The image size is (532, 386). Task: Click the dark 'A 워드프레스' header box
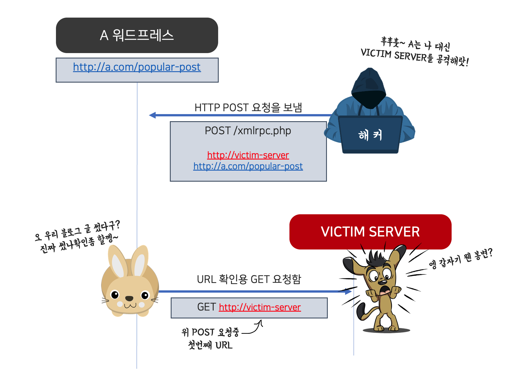[x=137, y=35]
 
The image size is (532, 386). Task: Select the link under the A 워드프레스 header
[x=137, y=67]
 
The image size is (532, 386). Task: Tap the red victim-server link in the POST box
[x=248, y=155]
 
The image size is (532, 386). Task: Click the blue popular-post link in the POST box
[x=248, y=166]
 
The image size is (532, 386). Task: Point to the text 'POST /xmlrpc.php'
[x=248, y=131]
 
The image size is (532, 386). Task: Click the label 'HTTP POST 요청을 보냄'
[x=248, y=108]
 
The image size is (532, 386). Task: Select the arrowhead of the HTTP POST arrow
[x=153, y=115]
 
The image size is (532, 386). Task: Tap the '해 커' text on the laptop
[x=370, y=135]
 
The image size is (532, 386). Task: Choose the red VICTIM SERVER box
[x=370, y=232]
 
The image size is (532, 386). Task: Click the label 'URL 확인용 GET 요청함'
[x=249, y=279]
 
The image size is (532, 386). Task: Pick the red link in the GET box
[x=260, y=307]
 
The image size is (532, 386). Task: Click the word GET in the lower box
[x=206, y=307]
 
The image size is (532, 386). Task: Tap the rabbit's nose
[x=129, y=298]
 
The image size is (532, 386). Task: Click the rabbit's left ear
[x=117, y=263]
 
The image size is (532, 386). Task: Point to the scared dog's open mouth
[x=385, y=290]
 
